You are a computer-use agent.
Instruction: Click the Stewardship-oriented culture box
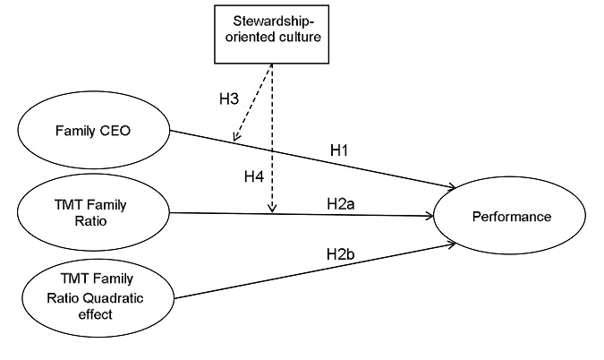coord(268,34)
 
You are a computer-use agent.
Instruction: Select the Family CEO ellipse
coord(92,132)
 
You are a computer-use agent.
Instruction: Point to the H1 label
coord(338,150)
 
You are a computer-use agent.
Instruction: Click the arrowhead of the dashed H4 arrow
coord(271,210)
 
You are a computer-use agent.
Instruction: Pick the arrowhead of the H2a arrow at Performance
coord(429,215)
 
